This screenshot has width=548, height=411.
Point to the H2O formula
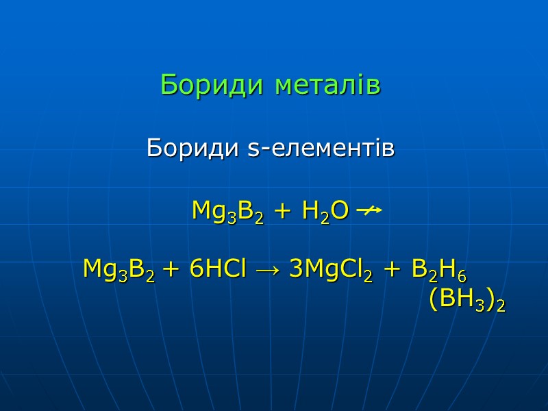(x=320, y=211)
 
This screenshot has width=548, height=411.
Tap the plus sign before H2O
(x=282, y=211)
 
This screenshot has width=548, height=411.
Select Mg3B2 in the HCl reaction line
(x=118, y=270)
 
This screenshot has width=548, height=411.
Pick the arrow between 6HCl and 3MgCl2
(x=267, y=270)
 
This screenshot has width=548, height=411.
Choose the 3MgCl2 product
(x=331, y=270)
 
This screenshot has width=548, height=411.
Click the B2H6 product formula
(x=439, y=270)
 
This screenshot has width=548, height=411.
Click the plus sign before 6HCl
(x=172, y=270)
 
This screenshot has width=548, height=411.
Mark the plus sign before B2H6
(x=392, y=270)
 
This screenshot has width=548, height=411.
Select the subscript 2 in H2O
(x=325, y=217)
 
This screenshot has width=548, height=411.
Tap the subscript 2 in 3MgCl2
(x=368, y=276)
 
